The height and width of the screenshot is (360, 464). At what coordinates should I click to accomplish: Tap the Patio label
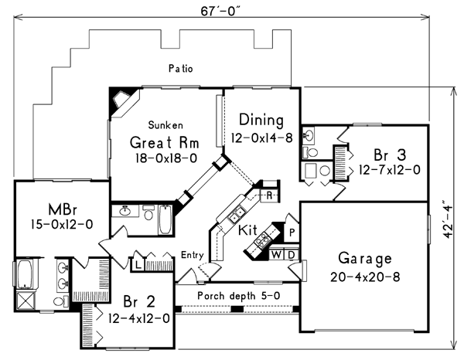180,69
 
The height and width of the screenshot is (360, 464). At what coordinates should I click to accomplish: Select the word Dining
261,121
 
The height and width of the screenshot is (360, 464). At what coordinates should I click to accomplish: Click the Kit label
247,230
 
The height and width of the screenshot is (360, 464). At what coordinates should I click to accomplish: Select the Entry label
193,255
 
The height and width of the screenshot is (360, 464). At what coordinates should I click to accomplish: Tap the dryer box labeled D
291,255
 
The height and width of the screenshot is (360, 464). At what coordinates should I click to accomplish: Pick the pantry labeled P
292,231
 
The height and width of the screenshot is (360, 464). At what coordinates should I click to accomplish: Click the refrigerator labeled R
268,195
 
